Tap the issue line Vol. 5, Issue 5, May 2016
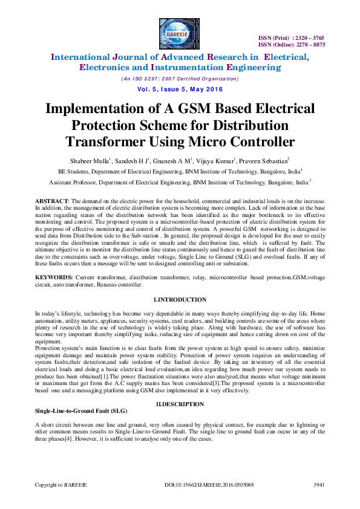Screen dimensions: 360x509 (x=180, y=89)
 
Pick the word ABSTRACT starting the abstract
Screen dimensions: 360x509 (x=51, y=200)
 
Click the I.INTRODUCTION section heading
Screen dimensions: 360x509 (x=180, y=300)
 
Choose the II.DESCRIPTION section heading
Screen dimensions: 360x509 (x=180, y=403)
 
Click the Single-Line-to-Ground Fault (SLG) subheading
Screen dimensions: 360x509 (x=73, y=410)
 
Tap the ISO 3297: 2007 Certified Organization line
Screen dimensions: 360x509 (x=180, y=79)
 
